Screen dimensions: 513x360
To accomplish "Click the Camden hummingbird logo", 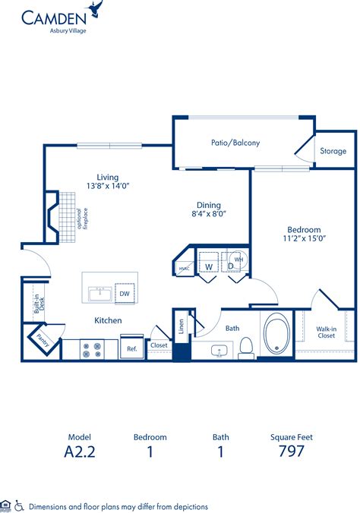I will tap(95, 10).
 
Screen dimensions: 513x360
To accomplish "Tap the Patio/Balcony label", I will tap(235, 143).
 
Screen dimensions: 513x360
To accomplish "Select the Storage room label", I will tap(333, 151).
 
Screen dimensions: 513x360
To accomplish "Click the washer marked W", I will tap(207, 266).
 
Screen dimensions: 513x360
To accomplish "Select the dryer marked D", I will tap(230, 266).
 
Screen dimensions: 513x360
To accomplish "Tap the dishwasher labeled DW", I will tap(125, 294).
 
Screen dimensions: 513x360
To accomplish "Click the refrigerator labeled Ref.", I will tap(131, 349).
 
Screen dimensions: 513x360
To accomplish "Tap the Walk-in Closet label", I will tap(327, 332).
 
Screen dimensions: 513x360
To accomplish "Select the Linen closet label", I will tap(181, 326).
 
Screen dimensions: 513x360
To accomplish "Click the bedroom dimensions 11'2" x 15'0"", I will tap(304, 238).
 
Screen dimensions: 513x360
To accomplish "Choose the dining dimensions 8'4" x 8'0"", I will tap(208, 213).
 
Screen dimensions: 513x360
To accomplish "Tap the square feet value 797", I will tap(291, 451).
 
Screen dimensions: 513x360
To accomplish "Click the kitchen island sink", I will tap(99, 294).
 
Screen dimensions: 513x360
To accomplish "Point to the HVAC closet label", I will tap(184, 268).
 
